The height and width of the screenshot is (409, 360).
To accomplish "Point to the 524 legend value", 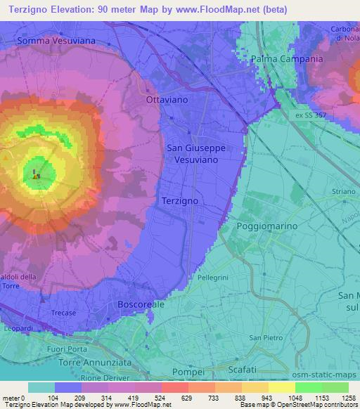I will point(161,398).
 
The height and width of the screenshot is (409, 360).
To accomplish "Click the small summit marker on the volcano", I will point(37,176).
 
